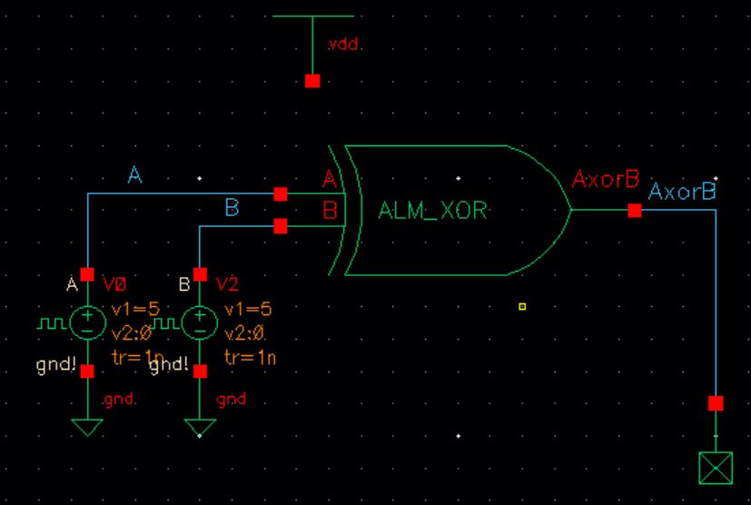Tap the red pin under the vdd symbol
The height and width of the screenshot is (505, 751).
coord(312,81)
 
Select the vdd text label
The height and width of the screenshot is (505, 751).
coord(343,45)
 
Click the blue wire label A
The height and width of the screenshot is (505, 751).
coord(134,176)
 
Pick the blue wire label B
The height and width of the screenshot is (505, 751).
coord(231,208)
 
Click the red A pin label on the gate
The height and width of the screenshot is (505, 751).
coord(329,182)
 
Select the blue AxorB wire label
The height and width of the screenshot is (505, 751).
coord(682,193)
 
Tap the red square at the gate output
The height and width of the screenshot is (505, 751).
coord(635,211)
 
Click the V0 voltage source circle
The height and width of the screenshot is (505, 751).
coord(88,322)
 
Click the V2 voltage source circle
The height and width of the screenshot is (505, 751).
coord(201,322)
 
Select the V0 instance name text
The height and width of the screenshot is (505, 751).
coord(114,283)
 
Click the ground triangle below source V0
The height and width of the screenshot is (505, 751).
coord(88,426)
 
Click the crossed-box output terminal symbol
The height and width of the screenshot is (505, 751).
coord(716,468)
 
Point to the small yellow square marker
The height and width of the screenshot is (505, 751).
coord(522,307)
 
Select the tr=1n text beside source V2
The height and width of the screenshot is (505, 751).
coord(249,357)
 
